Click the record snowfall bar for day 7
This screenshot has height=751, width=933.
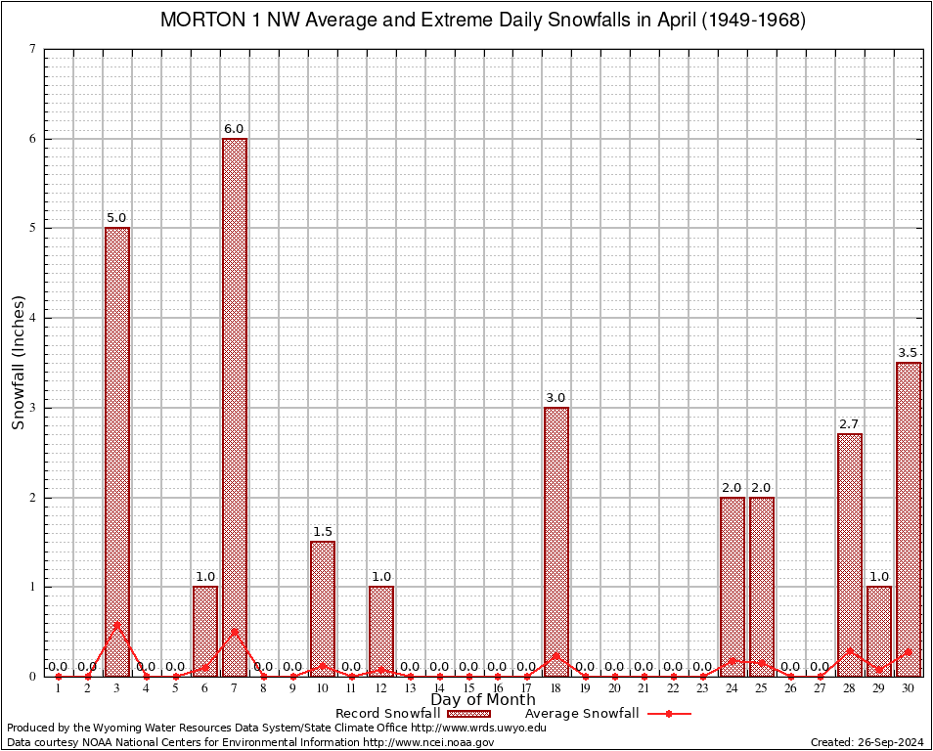(x=235, y=407)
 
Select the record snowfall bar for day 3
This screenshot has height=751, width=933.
(x=117, y=452)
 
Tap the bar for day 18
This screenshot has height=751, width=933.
(x=556, y=541)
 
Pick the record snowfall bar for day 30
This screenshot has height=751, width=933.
(x=909, y=518)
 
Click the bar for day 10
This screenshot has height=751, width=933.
(x=323, y=608)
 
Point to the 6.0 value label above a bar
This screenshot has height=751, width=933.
(x=234, y=129)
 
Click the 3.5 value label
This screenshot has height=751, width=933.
(x=909, y=353)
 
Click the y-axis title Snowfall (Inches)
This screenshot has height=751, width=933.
(x=19, y=362)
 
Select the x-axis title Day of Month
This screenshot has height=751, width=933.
(x=483, y=700)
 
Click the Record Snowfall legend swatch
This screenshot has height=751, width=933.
(x=469, y=714)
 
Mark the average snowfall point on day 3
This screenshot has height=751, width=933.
(x=117, y=624)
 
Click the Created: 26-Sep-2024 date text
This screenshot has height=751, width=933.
(x=866, y=742)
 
